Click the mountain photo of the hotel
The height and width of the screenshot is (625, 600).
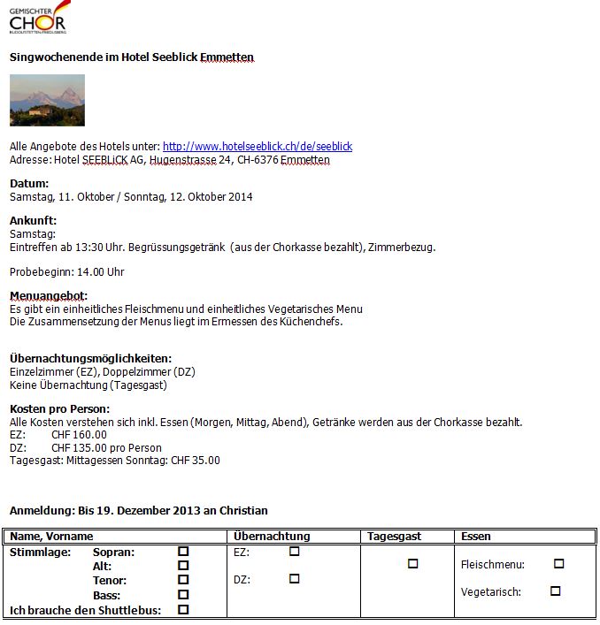point(47,100)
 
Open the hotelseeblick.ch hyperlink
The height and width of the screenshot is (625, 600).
point(258,146)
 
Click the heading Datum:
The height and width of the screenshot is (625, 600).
point(29,183)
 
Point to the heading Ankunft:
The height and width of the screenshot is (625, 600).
point(33,220)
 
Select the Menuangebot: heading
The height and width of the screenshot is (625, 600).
point(49,295)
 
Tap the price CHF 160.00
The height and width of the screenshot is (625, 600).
point(79,435)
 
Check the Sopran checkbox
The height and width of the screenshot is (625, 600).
point(183,552)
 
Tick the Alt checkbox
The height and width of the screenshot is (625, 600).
point(183,566)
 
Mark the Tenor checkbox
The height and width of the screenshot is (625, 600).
point(183,581)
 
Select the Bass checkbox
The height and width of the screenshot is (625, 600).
point(183,595)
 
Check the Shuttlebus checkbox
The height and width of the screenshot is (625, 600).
point(183,610)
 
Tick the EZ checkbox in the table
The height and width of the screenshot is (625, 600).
point(295,552)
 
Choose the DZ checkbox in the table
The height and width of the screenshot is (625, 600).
point(295,579)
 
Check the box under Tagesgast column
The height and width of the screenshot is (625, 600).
point(412,564)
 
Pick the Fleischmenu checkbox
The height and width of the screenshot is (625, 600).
point(558,564)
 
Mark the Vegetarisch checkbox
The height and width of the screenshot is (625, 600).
point(555,591)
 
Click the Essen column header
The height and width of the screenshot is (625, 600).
point(476,537)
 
